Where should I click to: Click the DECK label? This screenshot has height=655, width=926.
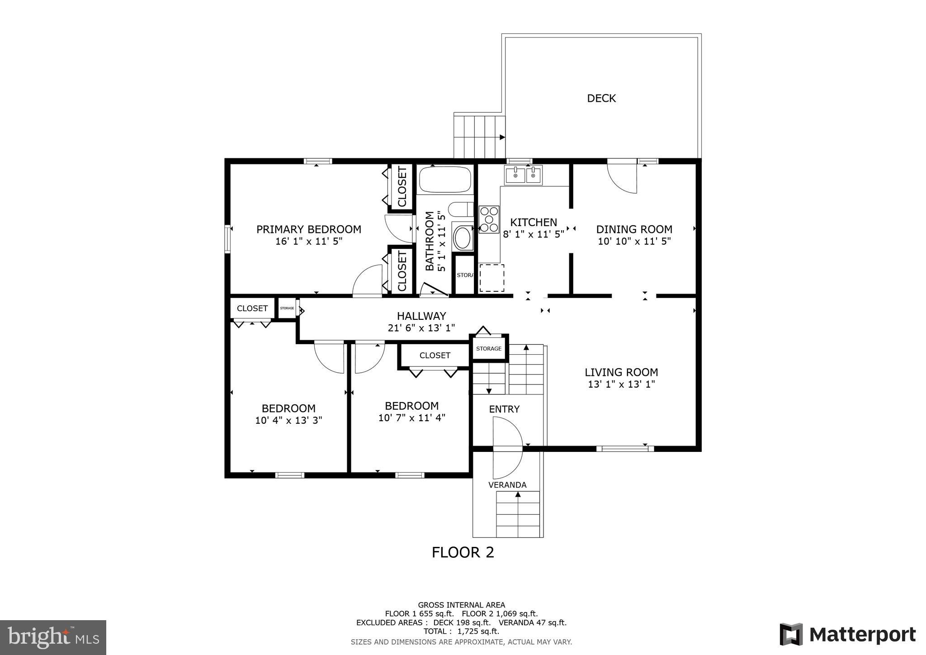[x=601, y=98]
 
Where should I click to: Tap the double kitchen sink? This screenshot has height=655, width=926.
[x=524, y=175]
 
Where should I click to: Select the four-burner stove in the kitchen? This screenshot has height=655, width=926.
[x=489, y=219]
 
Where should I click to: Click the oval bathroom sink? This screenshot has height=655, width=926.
[x=462, y=238]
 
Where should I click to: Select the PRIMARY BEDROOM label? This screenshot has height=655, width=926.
[x=309, y=229]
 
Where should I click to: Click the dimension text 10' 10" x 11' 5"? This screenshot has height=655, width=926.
[x=634, y=241]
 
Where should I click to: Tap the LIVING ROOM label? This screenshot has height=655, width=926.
[x=621, y=372]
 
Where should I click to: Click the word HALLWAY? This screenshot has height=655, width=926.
[x=421, y=316]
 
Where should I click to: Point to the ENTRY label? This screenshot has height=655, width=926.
[x=504, y=409]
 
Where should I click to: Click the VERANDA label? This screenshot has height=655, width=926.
[x=507, y=485]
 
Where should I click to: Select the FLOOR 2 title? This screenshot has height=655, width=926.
[x=463, y=552]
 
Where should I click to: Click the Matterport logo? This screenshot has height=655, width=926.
[x=847, y=635]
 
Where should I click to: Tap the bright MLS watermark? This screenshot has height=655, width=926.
[x=53, y=638]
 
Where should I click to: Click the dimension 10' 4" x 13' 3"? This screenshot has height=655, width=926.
[x=288, y=420]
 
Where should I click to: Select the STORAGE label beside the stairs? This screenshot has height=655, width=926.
[x=489, y=348]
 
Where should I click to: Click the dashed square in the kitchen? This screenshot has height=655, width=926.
[x=491, y=278]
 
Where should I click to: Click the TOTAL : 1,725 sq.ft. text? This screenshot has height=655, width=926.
[x=461, y=631]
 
